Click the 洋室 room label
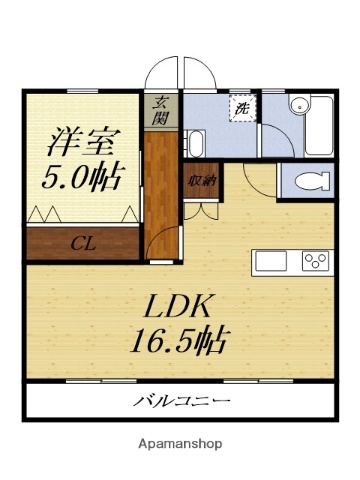83,140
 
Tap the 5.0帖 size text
83,177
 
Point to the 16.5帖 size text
181,340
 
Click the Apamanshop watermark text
179,443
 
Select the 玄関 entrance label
160,108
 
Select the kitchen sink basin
272,261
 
